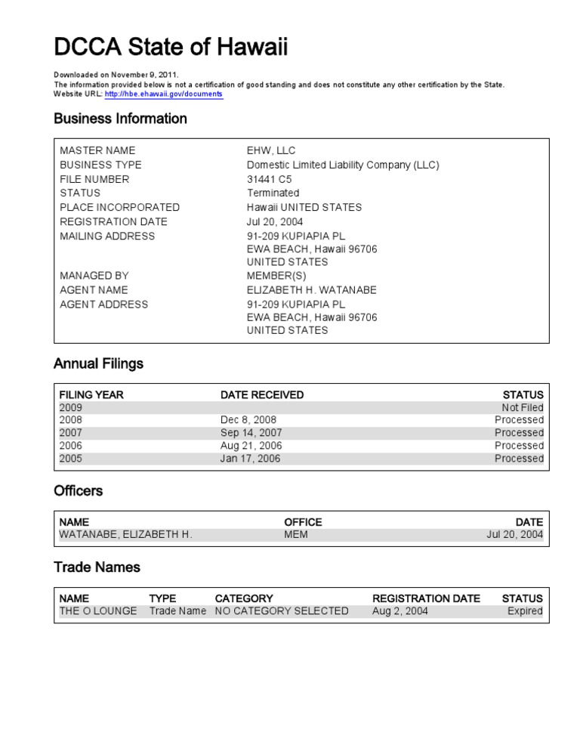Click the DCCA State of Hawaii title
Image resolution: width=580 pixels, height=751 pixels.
(x=171, y=48)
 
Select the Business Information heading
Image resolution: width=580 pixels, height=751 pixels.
(x=120, y=119)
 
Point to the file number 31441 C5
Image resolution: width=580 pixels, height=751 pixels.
(x=270, y=179)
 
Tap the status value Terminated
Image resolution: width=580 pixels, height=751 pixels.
(x=273, y=193)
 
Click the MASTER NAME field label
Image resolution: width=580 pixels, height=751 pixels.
(x=97, y=150)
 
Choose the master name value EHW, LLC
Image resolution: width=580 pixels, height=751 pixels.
(x=271, y=150)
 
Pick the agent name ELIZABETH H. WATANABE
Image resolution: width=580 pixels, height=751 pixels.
(x=311, y=290)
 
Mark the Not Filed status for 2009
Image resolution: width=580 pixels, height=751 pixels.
(x=523, y=407)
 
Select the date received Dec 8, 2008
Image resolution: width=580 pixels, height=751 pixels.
(x=248, y=420)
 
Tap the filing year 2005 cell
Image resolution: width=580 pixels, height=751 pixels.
(x=71, y=459)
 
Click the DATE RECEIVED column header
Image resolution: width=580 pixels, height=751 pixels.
(x=262, y=394)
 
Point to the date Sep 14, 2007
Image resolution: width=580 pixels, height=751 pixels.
(x=250, y=433)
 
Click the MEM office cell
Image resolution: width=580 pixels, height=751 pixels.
(x=296, y=535)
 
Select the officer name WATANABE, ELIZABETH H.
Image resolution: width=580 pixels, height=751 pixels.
(x=125, y=535)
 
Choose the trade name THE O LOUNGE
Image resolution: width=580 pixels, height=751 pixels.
(x=98, y=611)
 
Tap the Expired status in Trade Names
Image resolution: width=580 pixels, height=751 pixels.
(x=525, y=611)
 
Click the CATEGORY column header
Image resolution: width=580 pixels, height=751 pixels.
(x=244, y=598)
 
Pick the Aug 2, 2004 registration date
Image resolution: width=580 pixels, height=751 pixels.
(x=400, y=611)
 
